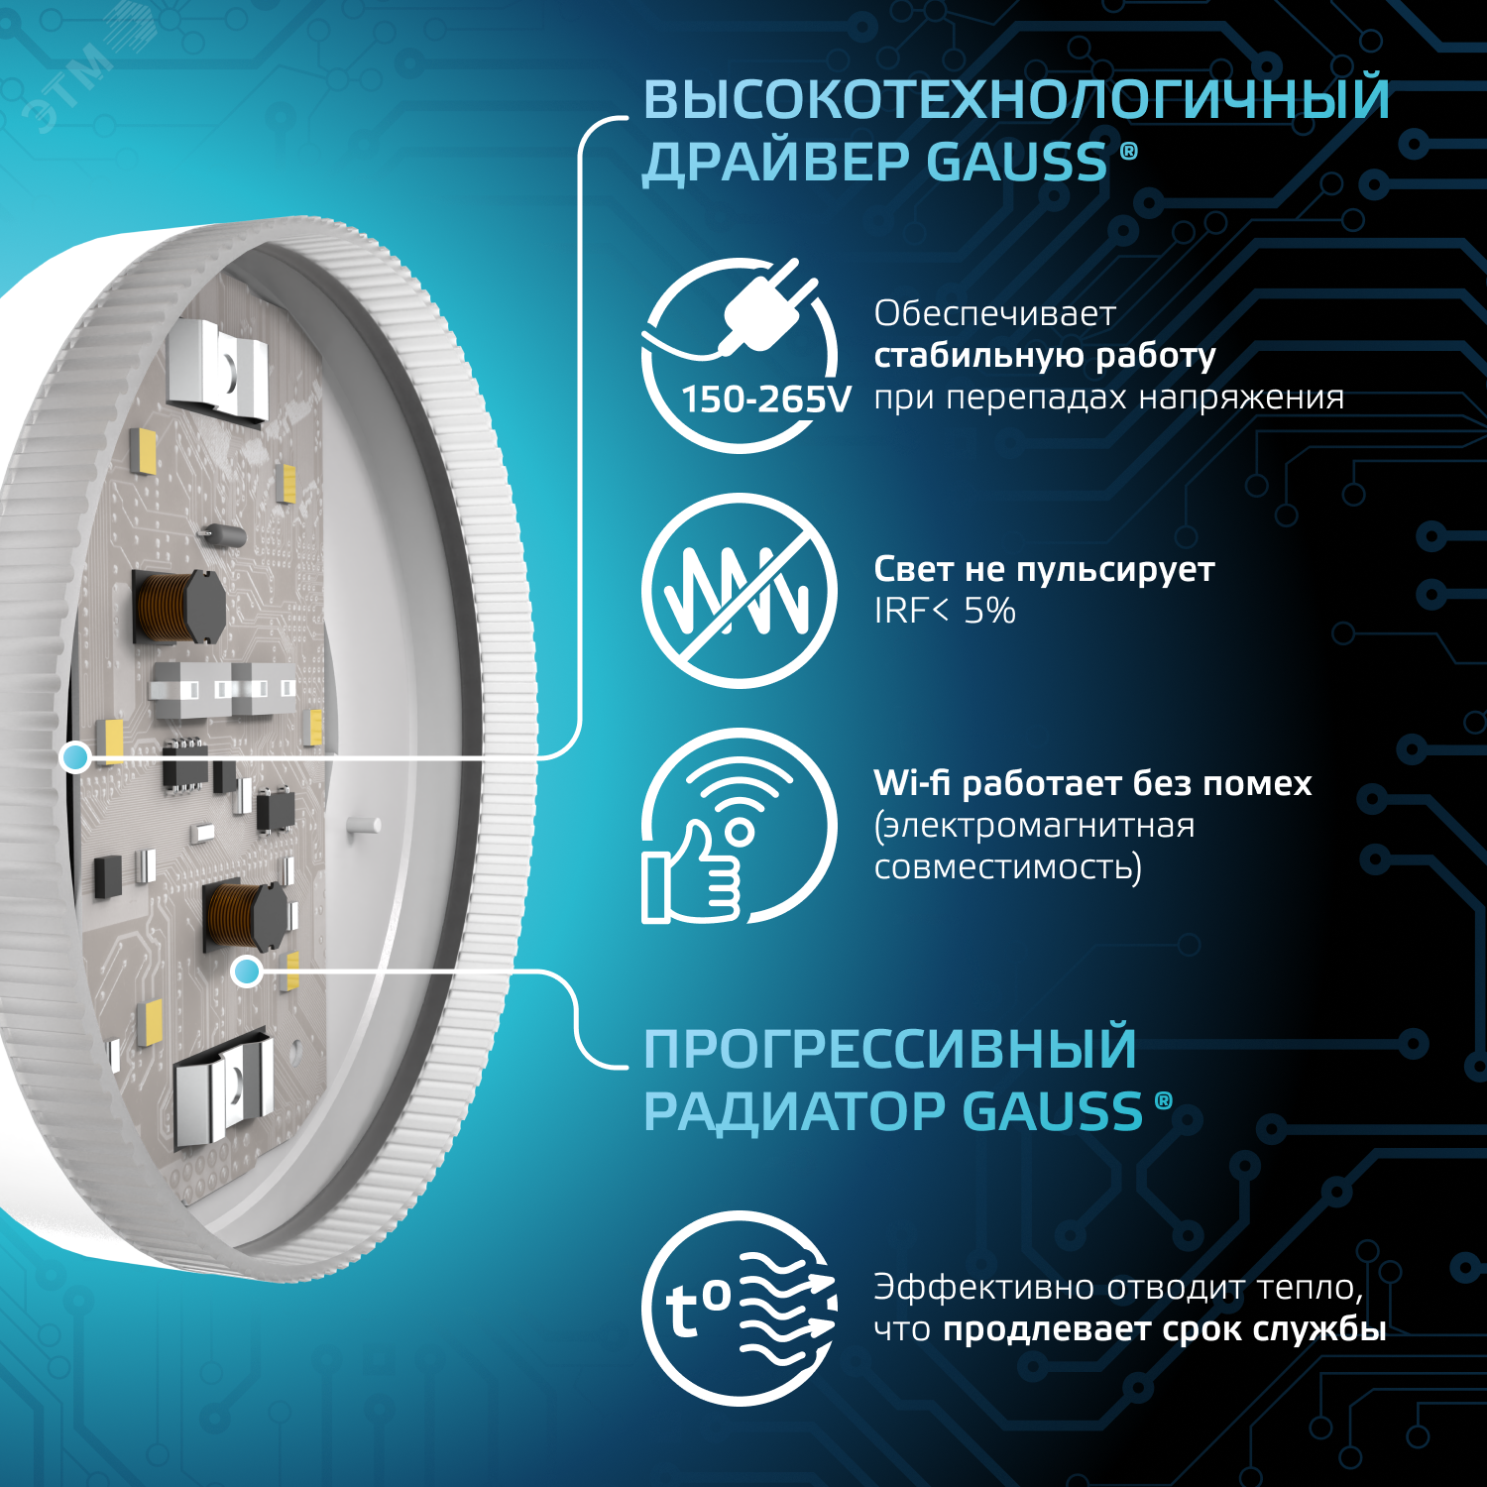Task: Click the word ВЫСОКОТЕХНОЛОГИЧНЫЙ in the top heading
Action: pos(1016,99)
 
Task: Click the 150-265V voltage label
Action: pos(765,400)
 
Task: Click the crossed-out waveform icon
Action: pos(739,591)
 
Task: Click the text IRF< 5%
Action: pos(944,611)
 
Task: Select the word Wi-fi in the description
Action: pos(911,783)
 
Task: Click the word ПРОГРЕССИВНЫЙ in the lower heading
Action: pos(889,1049)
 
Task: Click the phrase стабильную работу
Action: pos(1044,356)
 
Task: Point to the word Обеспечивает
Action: pos(994,314)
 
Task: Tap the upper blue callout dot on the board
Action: pos(75,757)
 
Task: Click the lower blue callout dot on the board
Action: pos(246,972)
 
